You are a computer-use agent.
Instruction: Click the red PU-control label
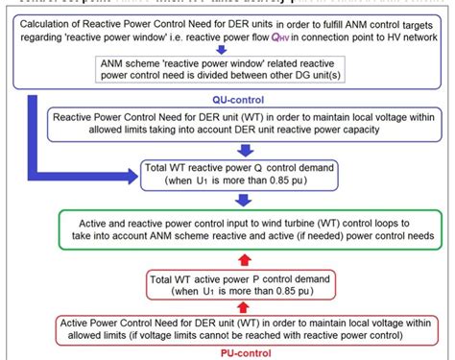point(237,352)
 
